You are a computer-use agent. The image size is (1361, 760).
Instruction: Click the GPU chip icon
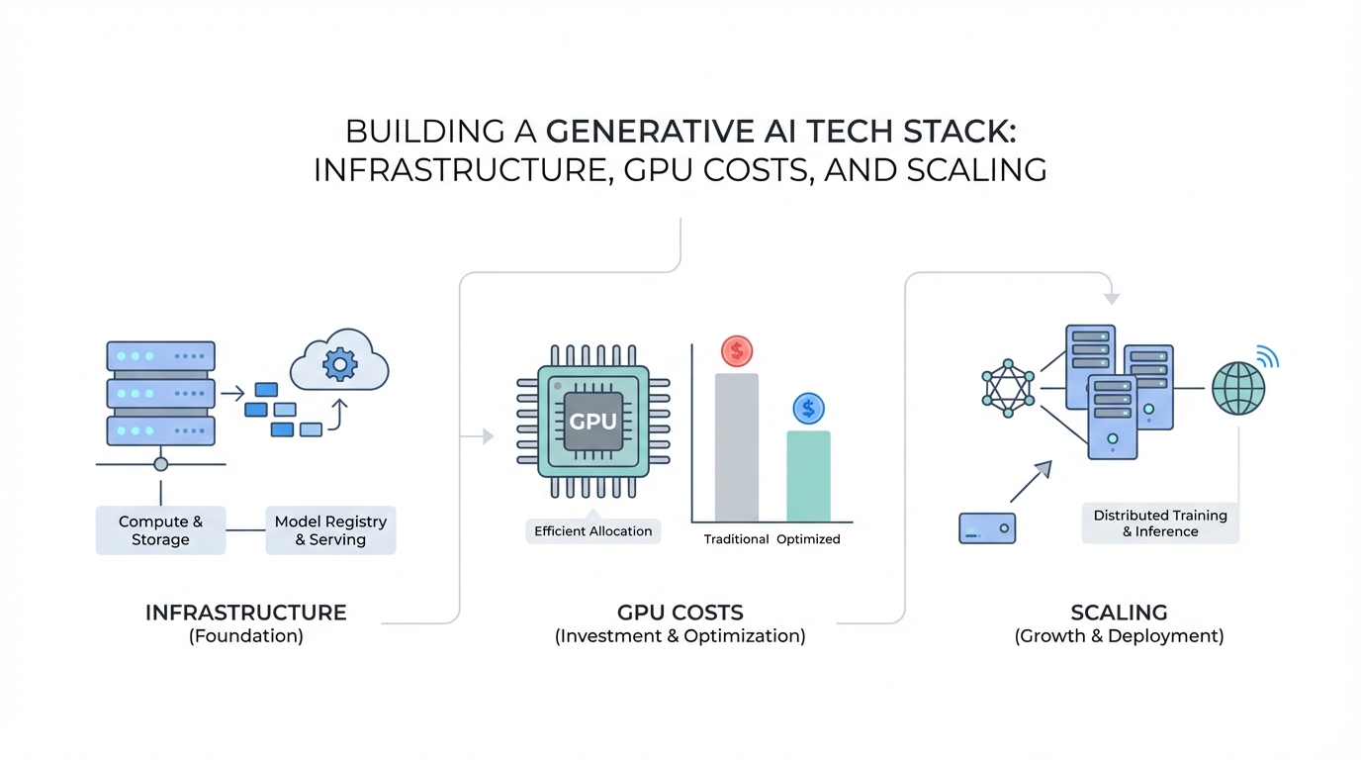pyautogui.click(x=593, y=421)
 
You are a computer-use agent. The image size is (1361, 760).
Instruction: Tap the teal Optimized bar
pyautogui.click(x=808, y=476)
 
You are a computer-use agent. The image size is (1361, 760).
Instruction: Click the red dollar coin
pyautogui.click(x=737, y=350)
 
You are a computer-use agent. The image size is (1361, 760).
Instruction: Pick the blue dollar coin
pyautogui.click(x=808, y=408)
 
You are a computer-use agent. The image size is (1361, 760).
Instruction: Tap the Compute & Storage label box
pyautogui.click(x=160, y=530)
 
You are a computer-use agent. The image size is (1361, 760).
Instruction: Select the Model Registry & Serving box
pyautogui.click(x=330, y=530)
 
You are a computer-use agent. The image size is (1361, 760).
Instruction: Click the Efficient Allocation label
pyautogui.click(x=592, y=531)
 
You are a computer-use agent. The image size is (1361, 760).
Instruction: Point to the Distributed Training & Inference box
pyautogui.click(x=1160, y=523)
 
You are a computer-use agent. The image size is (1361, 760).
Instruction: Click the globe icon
pyautogui.click(x=1238, y=387)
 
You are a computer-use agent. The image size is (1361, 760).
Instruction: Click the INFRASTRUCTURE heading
pyautogui.click(x=245, y=613)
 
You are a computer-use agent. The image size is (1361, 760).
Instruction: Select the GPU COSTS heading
pyautogui.click(x=680, y=613)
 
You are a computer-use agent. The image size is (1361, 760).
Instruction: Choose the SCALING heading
pyautogui.click(x=1119, y=613)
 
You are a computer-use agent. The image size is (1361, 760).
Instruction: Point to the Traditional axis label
pyautogui.click(x=736, y=539)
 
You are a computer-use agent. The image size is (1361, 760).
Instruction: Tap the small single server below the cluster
pyautogui.click(x=987, y=528)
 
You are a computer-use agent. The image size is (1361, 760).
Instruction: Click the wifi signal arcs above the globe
pyautogui.click(x=1267, y=355)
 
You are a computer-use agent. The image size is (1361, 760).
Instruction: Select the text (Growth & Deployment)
pyautogui.click(x=1119, y=636)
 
